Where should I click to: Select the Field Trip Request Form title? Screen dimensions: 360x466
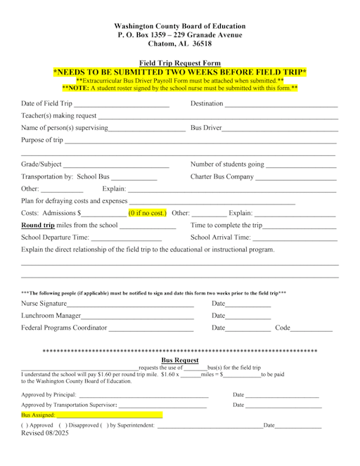180,63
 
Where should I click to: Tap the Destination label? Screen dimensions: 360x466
207,104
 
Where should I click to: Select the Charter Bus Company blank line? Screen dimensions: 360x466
296,177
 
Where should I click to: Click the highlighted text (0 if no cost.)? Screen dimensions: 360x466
147,212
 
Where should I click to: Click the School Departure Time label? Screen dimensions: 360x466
56,238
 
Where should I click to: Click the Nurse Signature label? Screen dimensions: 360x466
44,304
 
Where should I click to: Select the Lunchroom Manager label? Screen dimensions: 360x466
51,316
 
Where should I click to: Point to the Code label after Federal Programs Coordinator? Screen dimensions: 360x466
282,328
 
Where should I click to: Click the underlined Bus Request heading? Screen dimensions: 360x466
180,361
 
